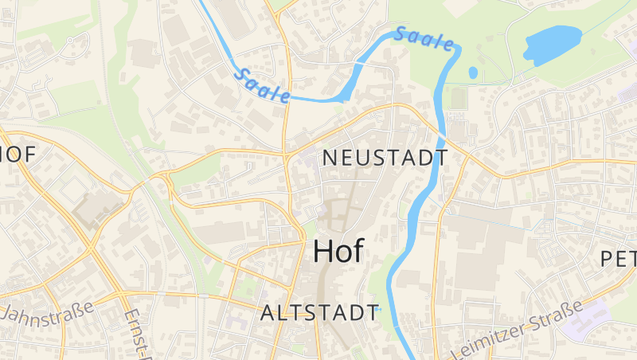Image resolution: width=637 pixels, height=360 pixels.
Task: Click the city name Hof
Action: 338,251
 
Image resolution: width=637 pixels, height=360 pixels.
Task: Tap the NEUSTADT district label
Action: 385,158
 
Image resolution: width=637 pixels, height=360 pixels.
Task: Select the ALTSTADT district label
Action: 320,312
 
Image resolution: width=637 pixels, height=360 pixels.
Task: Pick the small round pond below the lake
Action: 473,72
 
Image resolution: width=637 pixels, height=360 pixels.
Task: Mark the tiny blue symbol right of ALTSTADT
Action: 380,309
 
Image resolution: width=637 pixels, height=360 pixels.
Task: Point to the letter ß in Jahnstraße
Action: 80,304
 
